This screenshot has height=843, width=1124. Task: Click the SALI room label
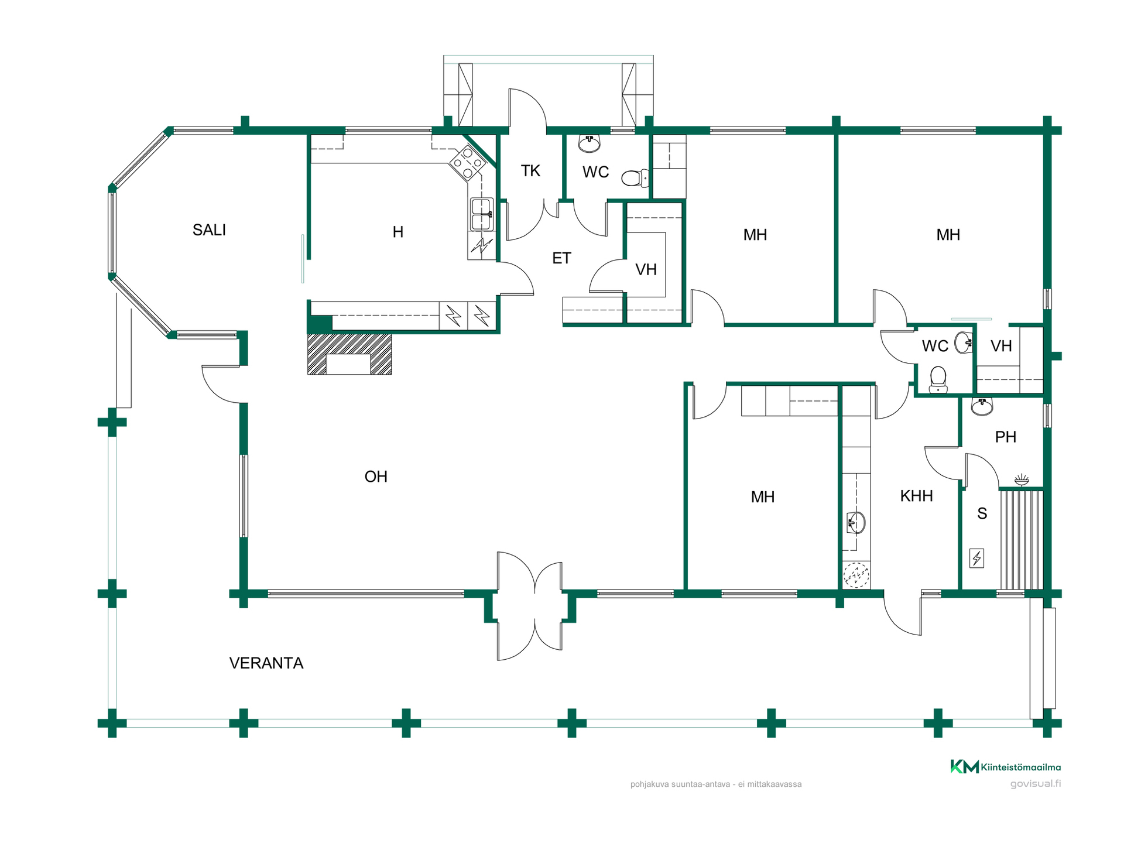tap(209, 230)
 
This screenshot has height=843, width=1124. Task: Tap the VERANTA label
tap(266, 663)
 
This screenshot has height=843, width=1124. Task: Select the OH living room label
tap(376, 477)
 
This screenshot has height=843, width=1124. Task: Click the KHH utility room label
tap(916, 496)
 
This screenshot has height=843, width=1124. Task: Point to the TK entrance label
tap(530, 171)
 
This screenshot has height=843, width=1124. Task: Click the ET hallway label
tap(561, 258)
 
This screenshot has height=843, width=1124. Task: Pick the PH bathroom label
tap(1005, 437)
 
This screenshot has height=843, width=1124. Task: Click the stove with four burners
tap(467, 162)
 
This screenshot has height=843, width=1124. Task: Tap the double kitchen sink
tap(481, 214)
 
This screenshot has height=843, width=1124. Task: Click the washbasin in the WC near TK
tap(589, 143)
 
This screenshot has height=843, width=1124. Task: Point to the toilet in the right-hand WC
tap(938, 379)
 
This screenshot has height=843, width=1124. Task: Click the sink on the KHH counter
tap(856, 523)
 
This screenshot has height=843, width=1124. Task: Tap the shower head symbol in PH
tap(1022, 480)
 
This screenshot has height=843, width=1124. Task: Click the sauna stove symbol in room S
tap(976, 558)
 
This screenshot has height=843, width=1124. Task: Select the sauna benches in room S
tap(1021, 540)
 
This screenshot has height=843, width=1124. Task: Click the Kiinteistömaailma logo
tap(1005, 767)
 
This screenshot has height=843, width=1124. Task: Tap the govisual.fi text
tap(1035, 784)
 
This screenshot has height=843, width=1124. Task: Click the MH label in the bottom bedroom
tap(762, 497)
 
